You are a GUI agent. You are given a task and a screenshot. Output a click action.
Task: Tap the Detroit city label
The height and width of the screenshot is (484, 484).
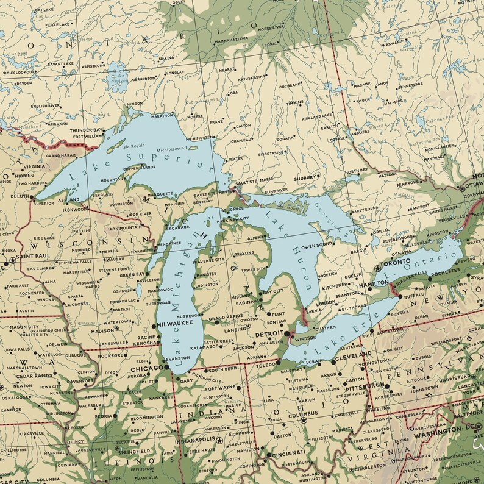pos(268,334)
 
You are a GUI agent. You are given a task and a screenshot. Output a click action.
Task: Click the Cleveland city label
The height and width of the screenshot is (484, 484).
pos(354,354)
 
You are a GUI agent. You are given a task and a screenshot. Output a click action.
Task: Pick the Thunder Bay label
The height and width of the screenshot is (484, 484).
pos(86,130)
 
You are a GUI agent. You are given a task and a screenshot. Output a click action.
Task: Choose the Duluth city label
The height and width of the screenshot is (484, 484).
pos(20,196)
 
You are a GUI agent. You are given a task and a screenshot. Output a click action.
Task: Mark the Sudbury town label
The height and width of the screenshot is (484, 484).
pos(306,179)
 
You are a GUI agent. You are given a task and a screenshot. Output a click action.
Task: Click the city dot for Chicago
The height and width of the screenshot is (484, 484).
pos(166,369)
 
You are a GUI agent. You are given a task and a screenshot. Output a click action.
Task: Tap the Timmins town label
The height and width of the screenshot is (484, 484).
pos(294,102)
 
